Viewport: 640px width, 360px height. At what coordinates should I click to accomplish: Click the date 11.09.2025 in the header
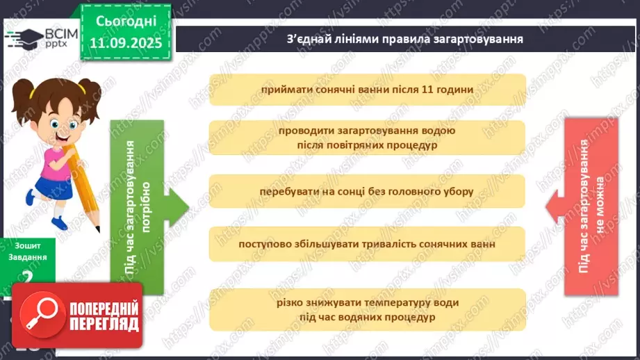pos(126,42)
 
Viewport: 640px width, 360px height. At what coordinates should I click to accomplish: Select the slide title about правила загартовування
pos(404,38)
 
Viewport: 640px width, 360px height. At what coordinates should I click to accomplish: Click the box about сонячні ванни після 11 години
pos(368,90)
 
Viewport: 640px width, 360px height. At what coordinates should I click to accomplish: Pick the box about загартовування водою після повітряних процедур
pos(368,138)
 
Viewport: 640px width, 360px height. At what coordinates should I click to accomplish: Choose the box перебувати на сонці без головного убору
pos(368,191)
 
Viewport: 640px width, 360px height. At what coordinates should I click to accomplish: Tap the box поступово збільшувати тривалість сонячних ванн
pos(368,245)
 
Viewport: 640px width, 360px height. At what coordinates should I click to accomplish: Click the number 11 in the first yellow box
pos(425,90)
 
